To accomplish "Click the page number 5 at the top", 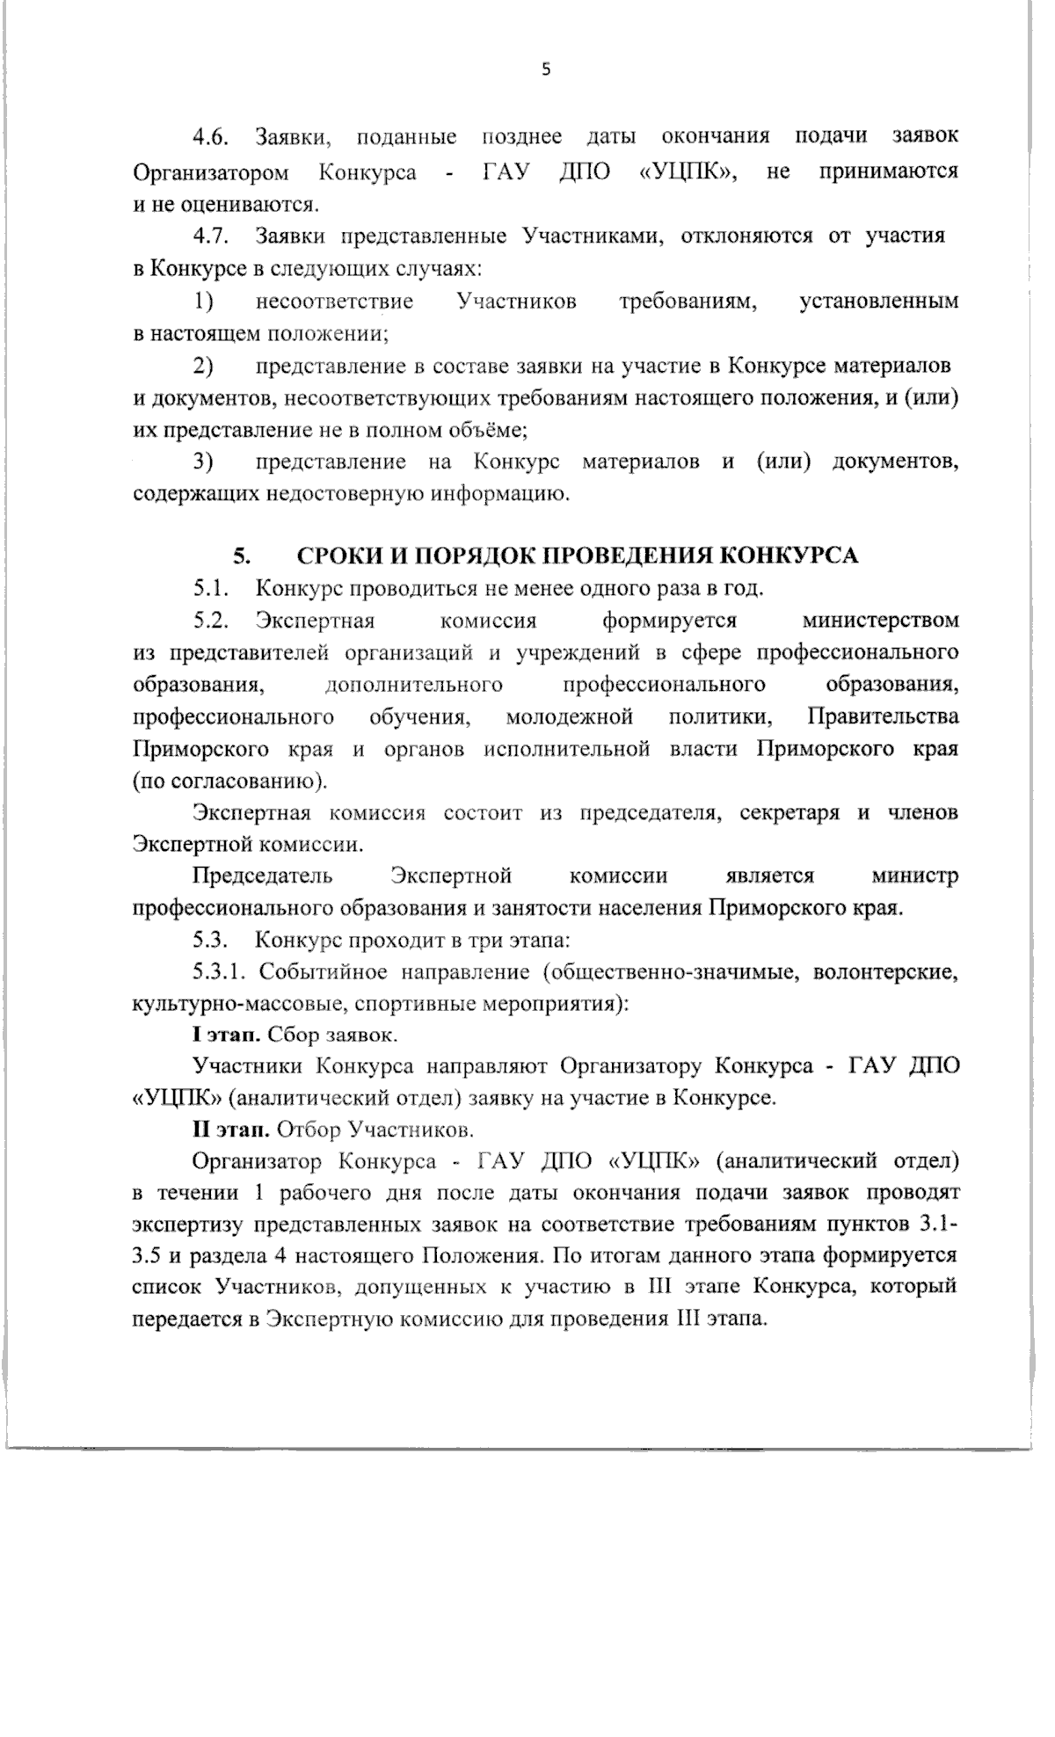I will (x=545, y=70).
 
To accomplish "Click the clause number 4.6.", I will (x=211, y=137).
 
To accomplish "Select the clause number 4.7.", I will (x=211, y=236).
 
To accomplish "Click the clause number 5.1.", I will (x=211, y=587).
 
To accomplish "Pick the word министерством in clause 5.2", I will (x=880, y=621).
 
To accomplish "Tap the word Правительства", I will (x=883, y=716).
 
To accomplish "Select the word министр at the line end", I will (x=914, y=876).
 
